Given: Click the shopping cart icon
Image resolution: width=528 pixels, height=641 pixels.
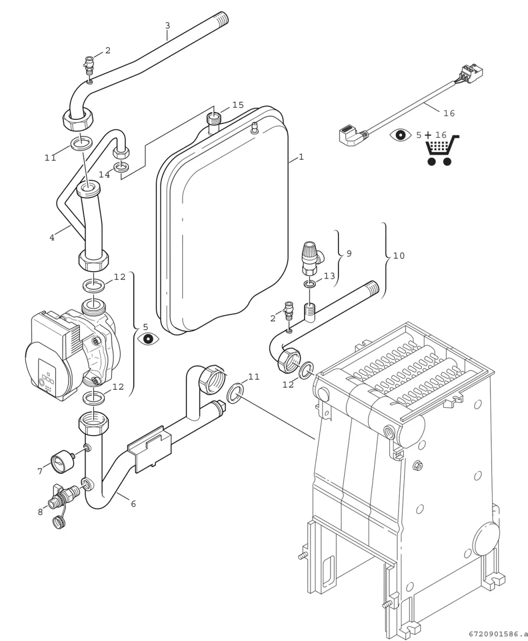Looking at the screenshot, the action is (x=442, y=151).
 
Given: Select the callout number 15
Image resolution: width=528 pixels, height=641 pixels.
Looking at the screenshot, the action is (x=238, y=105).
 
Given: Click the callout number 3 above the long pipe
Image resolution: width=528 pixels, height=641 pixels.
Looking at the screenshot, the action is (x=167, y=25).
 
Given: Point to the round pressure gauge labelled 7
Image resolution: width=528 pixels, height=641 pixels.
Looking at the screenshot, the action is (x=62, y=461).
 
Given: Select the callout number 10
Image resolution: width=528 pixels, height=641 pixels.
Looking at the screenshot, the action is (x=399, y=256).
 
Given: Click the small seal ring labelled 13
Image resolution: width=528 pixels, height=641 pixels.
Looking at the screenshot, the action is (x=309, y=284).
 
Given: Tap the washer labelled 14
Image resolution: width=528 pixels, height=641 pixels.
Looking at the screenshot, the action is (x=121, y=167).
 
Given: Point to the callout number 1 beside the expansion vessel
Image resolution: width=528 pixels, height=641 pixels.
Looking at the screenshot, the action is (x=301, y=157).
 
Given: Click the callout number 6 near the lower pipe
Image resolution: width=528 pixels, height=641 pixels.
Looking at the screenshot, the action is (x=133, y=504).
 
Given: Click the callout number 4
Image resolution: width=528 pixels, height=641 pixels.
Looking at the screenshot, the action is (x=52, y=237).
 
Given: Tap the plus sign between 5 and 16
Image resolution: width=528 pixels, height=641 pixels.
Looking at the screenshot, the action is (x=428, y=135).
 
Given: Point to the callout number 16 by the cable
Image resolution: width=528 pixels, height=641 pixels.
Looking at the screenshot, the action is (x=449, y=113).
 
